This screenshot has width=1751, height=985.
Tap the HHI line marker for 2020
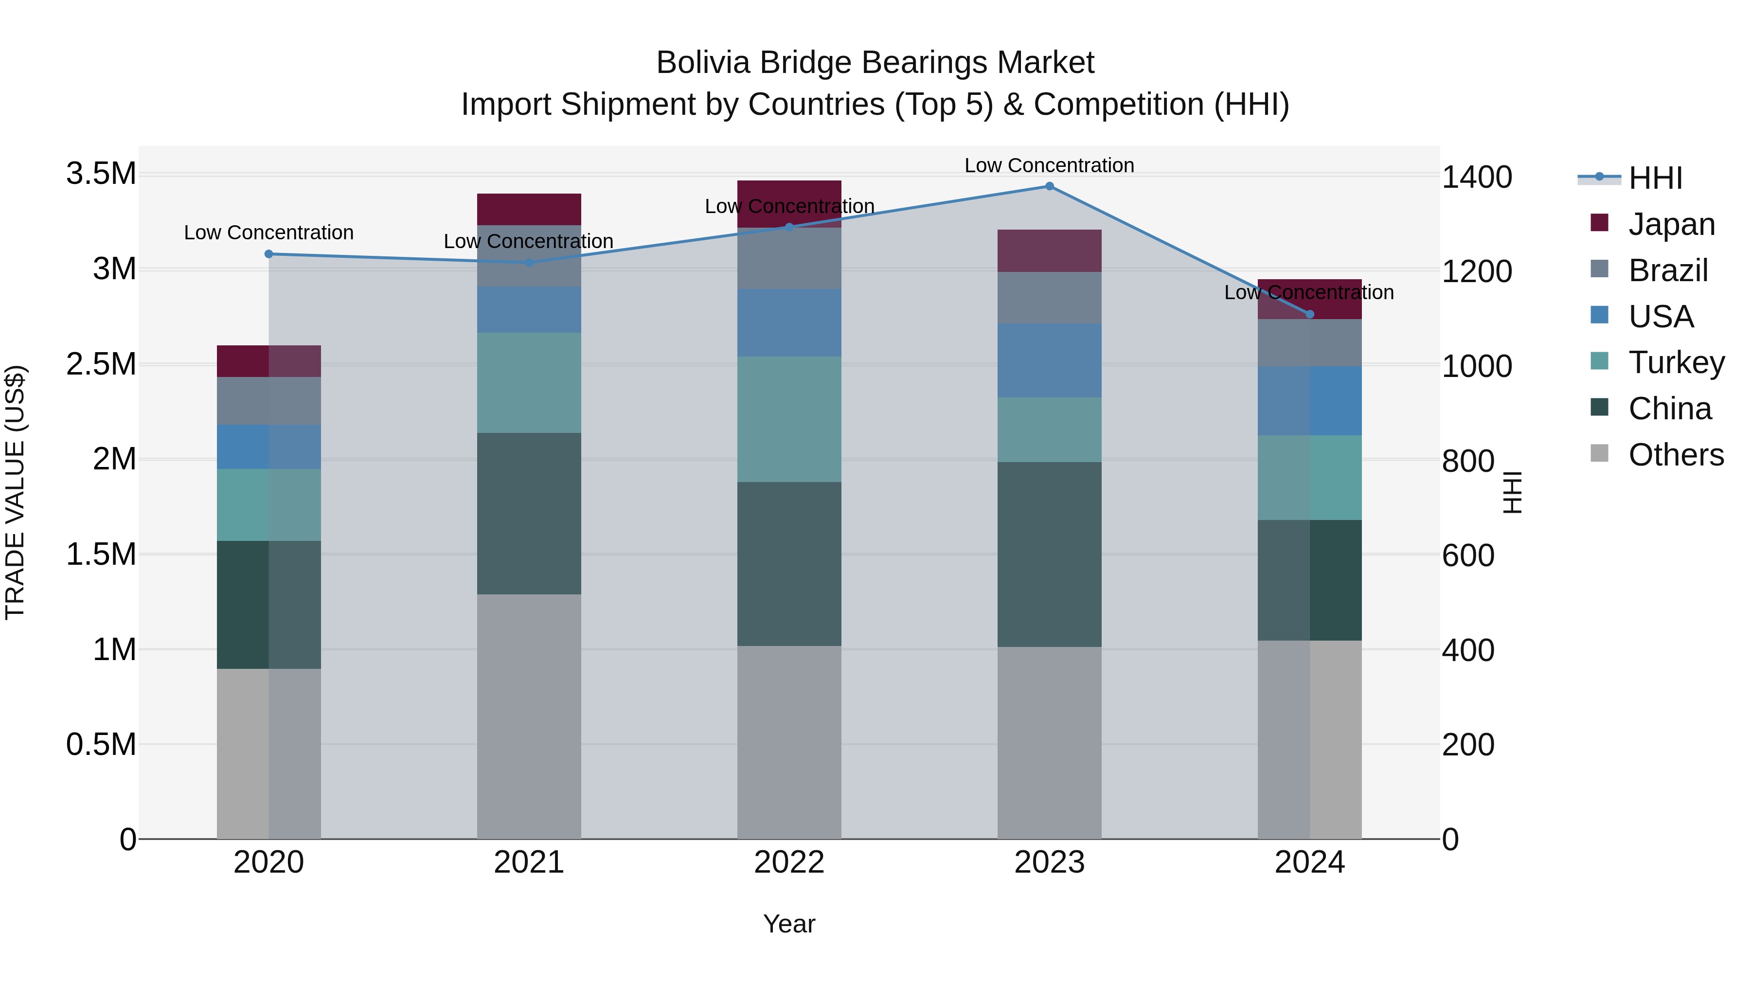[x=268, y=254]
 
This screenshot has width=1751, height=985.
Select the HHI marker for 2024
[x=1310, y=314]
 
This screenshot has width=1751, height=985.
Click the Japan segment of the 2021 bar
[x=529, y=209]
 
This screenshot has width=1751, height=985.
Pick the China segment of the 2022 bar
[x=789, y=564]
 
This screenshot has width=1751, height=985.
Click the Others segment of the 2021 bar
[x=529, y=716]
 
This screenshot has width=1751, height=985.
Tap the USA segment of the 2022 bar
[x=789, y=323]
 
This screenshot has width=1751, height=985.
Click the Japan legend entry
[x=1671, y=224]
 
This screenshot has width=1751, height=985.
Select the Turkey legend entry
[x=1676, y=362]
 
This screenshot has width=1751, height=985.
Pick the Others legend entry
[x=1676, y=455]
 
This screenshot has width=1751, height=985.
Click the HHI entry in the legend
[x=1655, y=178]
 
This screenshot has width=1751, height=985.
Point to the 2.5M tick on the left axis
[x=101, y=364]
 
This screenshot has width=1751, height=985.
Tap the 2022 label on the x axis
[x=789, y=862]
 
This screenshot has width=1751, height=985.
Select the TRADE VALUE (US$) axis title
[x=15, y=492]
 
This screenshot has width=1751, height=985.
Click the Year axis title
[x=789, y=924]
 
